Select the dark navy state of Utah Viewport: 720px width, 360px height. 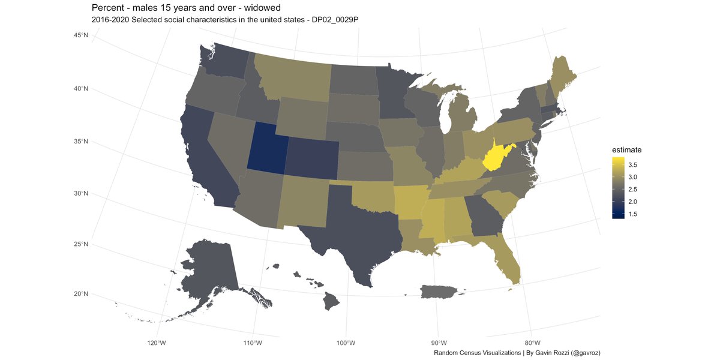pyautogui.click(x=267, y=147)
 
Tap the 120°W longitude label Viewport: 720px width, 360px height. pyautogui.click(x=156, y=343)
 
